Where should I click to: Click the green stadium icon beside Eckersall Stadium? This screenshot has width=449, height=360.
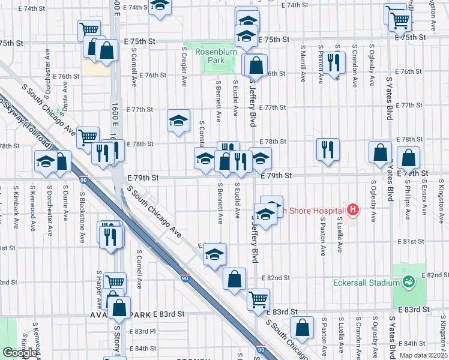point(409,281)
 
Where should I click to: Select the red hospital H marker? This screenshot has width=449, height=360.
point(353,210)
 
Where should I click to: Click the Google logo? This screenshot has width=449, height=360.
point(19,353)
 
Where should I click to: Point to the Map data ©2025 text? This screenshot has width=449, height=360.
point(423,355)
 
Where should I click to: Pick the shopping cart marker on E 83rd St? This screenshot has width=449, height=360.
point(258,298)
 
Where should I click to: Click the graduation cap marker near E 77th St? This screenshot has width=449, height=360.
point(178,121)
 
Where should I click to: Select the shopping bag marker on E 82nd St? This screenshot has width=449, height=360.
point(234,278)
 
